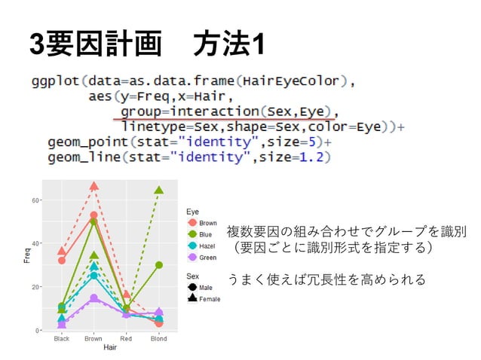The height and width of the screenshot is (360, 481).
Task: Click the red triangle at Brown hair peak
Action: point(93,186)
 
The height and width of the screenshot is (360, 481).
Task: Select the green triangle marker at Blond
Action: point(159,191)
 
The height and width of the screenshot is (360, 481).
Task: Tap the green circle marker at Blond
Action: point(159,264)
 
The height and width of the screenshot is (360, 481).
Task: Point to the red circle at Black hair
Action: point(62,261)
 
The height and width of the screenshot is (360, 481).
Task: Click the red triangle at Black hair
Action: point(62,251)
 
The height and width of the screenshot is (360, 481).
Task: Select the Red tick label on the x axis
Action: point(126,339)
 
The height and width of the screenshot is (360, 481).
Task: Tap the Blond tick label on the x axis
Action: point(159,339)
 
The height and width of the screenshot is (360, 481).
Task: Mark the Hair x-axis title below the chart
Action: point(110,348)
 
